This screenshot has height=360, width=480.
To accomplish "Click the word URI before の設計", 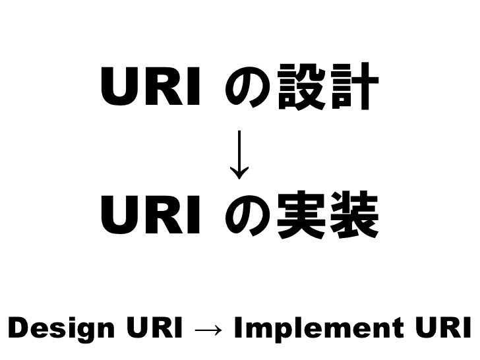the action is tap(150, 90).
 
